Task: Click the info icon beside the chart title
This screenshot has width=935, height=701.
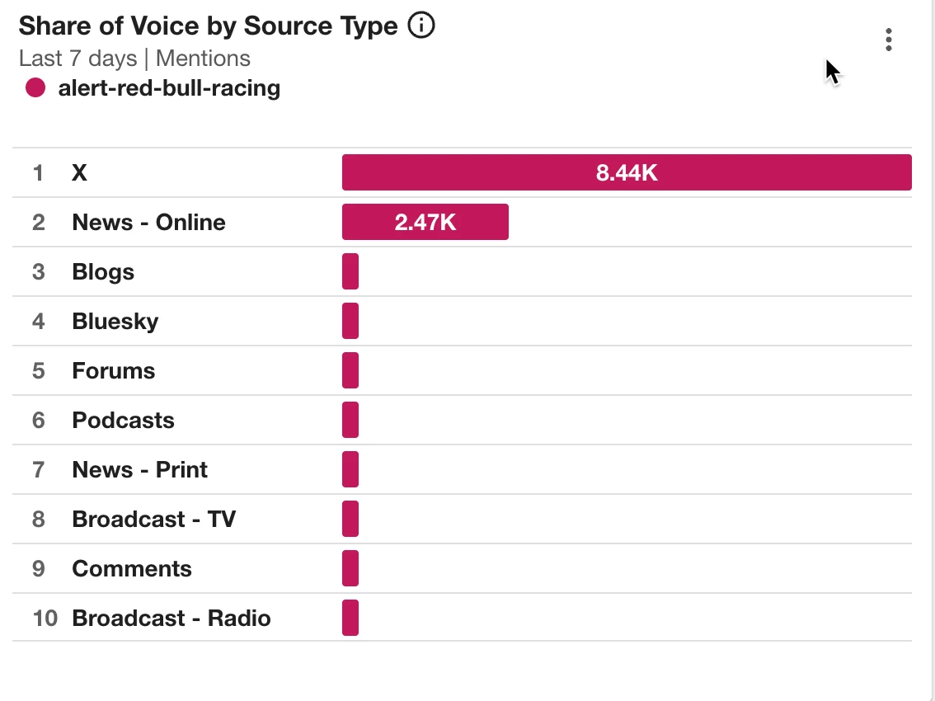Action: click(421, 26)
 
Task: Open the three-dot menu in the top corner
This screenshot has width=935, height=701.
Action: click(888, 40)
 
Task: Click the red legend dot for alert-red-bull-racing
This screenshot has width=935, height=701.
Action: click(35, 87)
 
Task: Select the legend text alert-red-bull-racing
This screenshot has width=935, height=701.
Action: click(169, 88)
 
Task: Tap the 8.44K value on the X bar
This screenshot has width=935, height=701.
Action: click(627, 173)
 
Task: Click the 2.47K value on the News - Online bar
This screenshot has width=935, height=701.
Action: click(425, 223)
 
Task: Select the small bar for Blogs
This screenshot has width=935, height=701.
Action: click(350, 271)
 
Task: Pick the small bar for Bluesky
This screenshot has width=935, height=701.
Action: click(350, 321)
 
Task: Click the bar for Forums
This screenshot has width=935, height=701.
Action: click(350, 370)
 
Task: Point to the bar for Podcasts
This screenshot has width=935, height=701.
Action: click(350, 420)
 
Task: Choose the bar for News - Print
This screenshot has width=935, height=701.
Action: click(350, 469)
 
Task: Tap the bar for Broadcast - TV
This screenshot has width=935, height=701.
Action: click(350, 519)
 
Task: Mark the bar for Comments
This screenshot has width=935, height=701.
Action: click(350, 568)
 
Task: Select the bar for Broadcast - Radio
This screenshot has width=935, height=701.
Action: click(350, 618)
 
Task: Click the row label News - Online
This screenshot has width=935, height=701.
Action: click(148, 223)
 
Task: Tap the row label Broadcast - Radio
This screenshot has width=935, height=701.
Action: click(171, 619)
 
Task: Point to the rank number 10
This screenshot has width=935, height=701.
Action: click(45, 619)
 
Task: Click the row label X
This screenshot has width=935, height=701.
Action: click(79, 173)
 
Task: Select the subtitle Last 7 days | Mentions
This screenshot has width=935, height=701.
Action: click(134, 59)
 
